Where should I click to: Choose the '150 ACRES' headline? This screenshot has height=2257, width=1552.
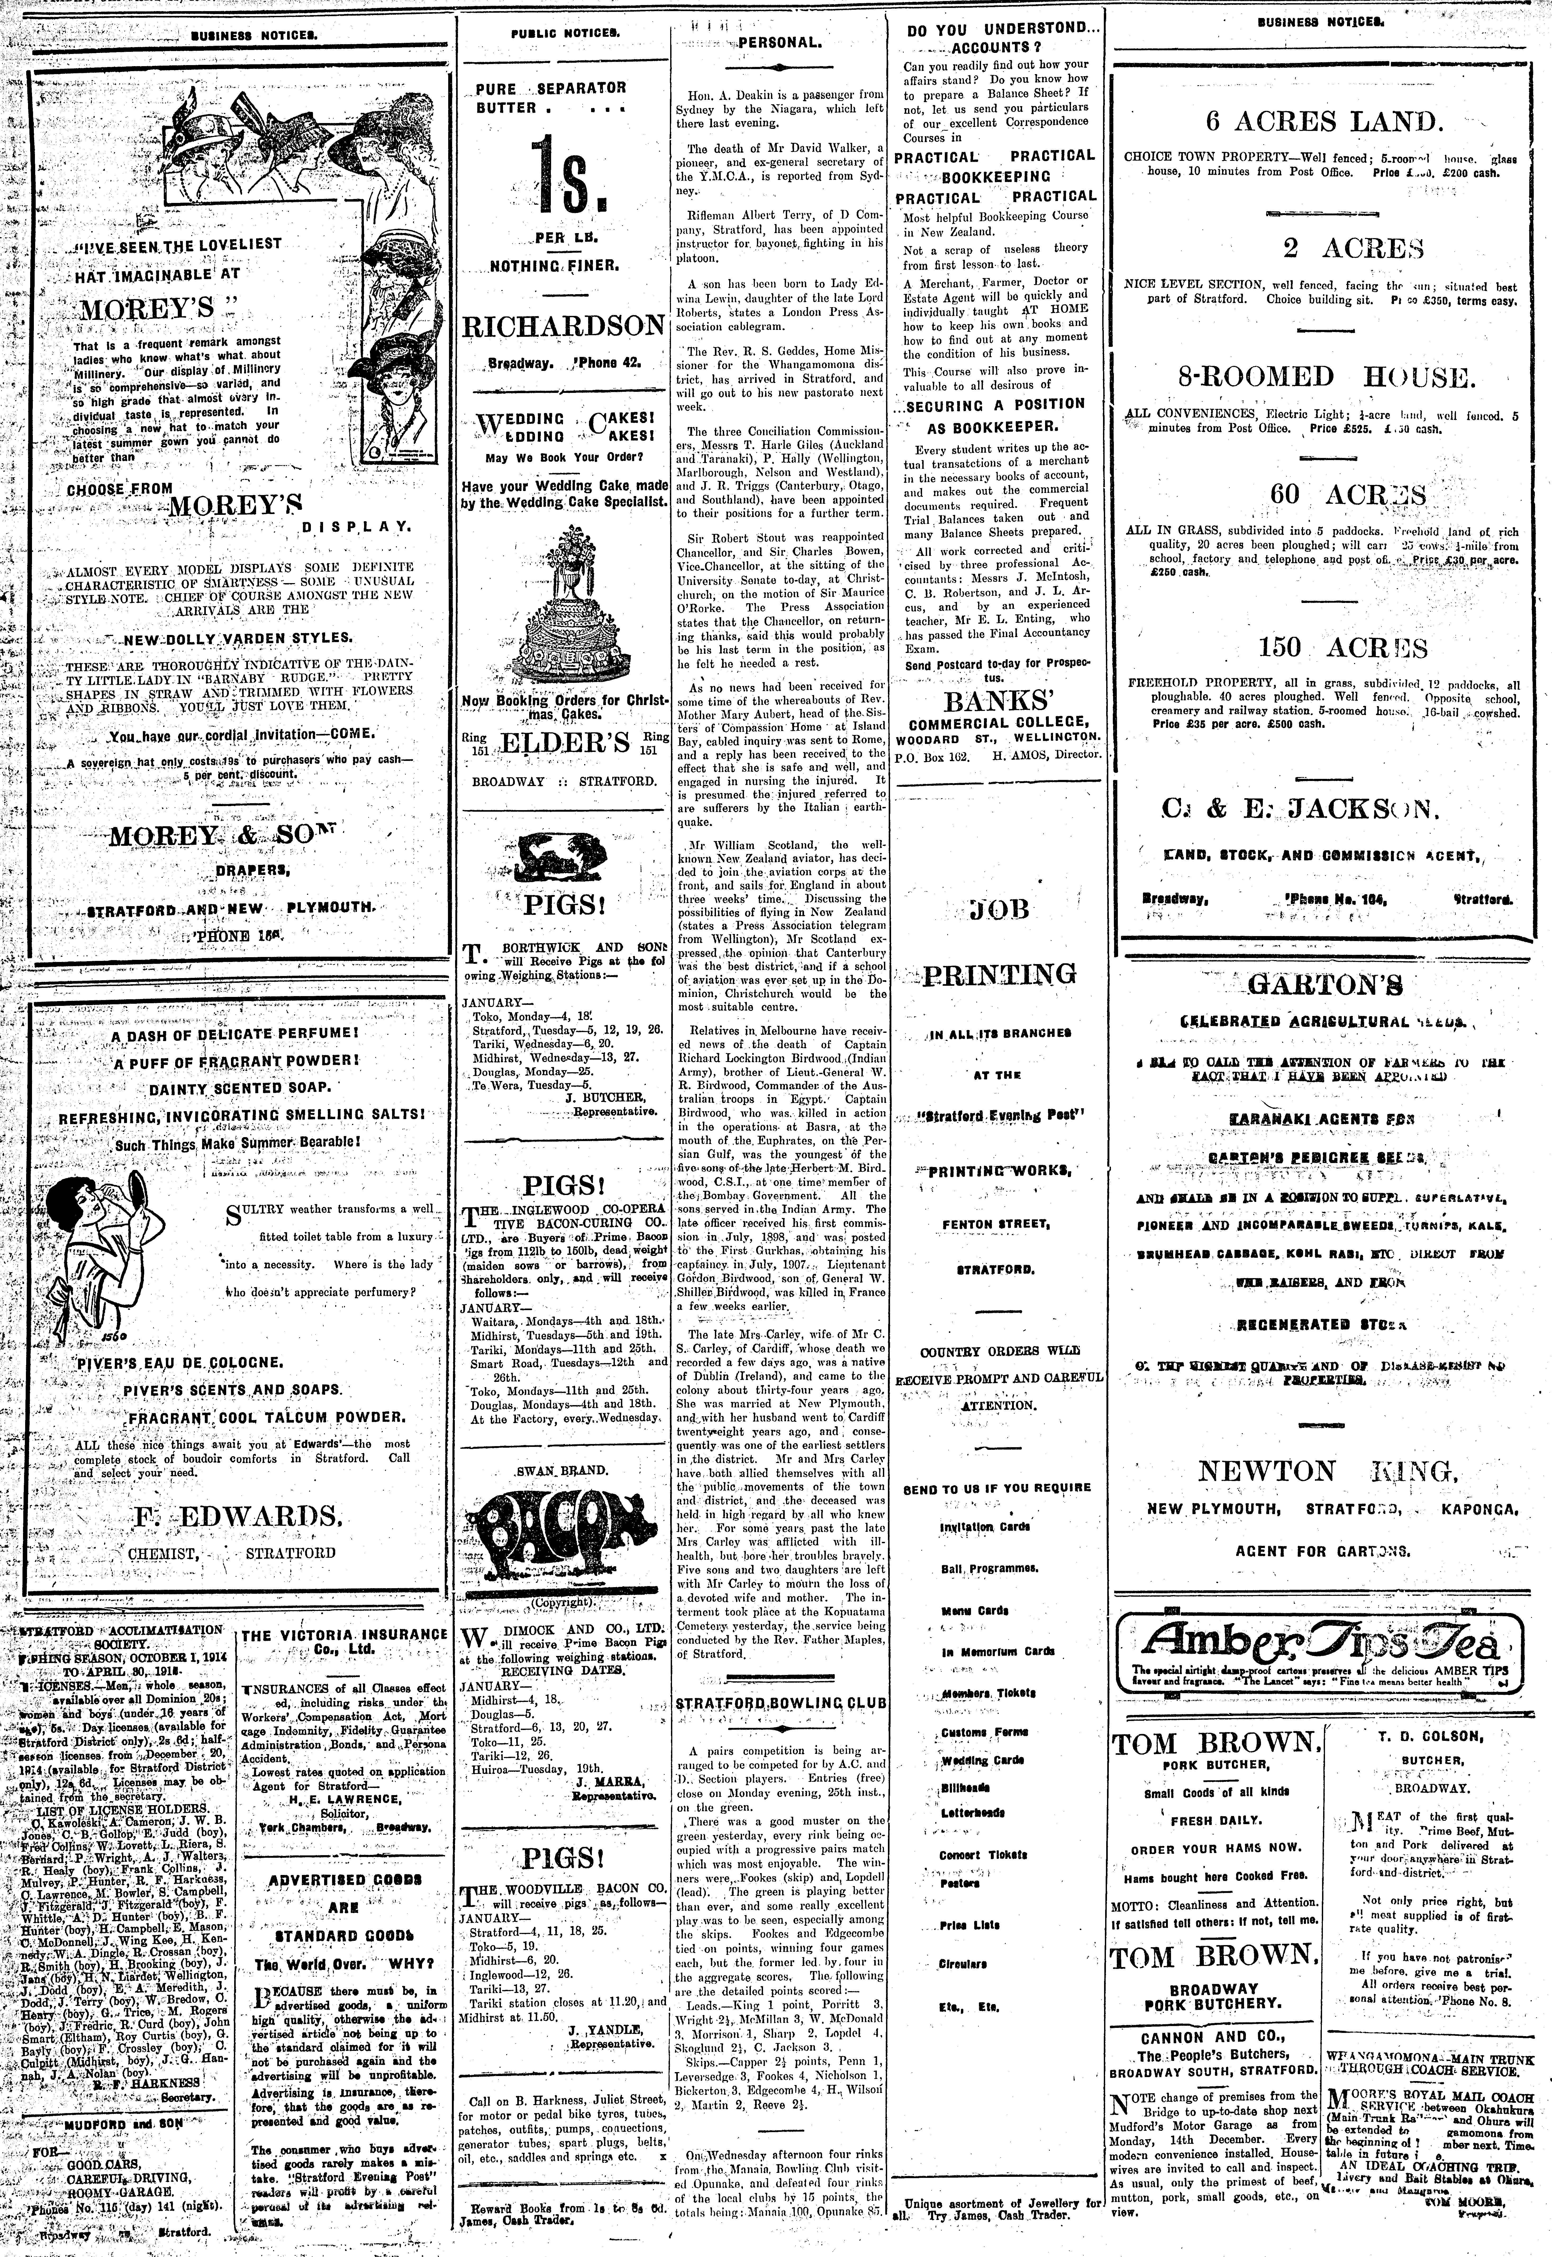click(x=1328, y=648)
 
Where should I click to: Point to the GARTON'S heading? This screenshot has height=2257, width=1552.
click(x=1324, y=985)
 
